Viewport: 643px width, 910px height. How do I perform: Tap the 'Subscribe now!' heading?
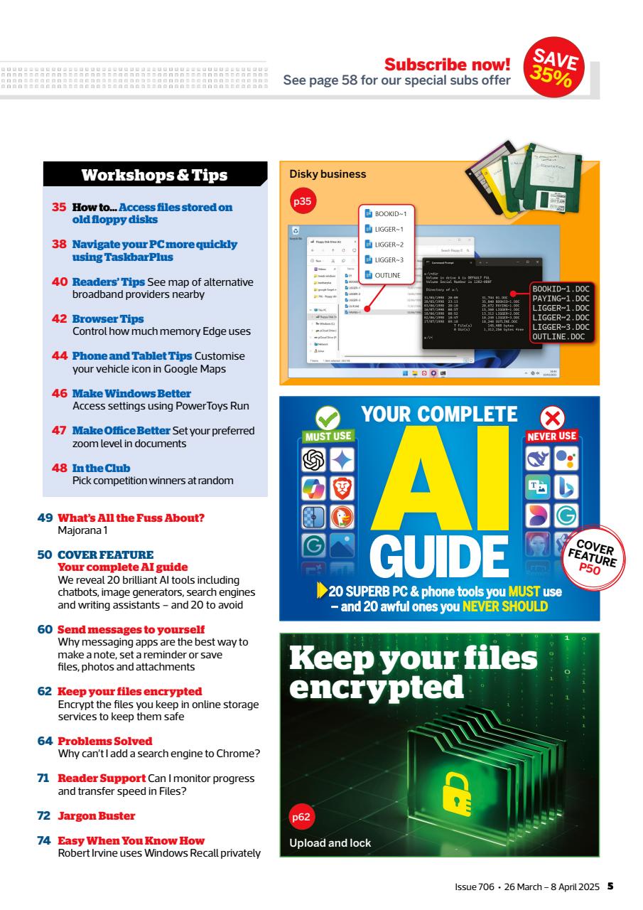click(447, 65)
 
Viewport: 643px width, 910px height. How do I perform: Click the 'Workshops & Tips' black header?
click(154, 175)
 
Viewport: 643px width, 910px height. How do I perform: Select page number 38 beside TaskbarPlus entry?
click(59, 244)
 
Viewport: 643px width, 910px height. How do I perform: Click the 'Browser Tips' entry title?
click(108, 319)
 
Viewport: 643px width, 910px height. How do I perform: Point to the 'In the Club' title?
click(101, 468)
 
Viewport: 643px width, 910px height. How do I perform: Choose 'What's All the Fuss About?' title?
click(131, 518)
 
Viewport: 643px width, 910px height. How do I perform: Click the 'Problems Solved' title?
click(104, 741)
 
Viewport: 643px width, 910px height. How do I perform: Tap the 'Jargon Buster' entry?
click(96, 815)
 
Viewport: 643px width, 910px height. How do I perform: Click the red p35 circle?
click(303, 201)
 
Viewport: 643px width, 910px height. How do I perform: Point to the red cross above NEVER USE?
click(551, 417)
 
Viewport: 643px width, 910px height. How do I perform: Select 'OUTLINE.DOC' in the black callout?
click(558, 336)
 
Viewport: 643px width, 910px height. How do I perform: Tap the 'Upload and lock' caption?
click(330, 842)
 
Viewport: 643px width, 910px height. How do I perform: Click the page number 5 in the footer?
click(610, 886)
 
